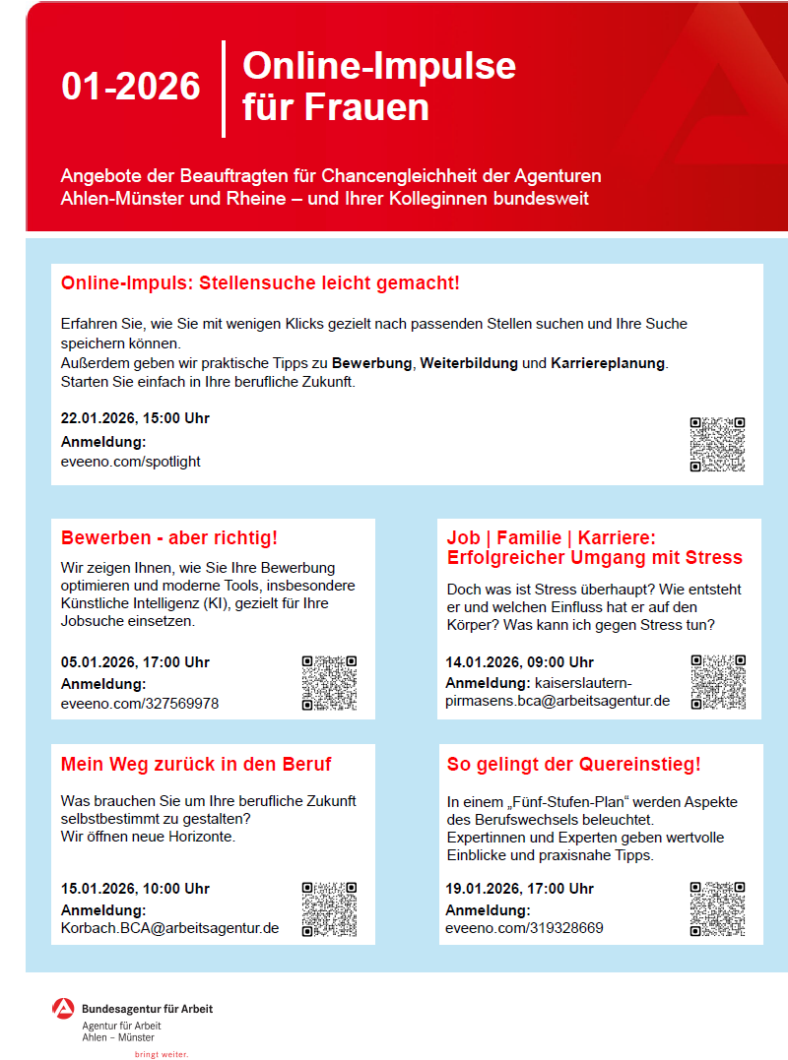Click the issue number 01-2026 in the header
(x=130, y=88)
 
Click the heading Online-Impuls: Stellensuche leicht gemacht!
(x=260, y=284)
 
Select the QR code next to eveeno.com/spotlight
(x=717, y=444)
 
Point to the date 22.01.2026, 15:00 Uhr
(x=135, y=418)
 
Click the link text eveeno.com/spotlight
(x=130, y=461)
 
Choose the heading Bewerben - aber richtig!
(x=169, y=538)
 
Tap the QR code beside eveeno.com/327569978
(x=329, y=682)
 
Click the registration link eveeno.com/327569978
(x=140, y=704)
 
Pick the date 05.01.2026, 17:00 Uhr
(x=135, y=662)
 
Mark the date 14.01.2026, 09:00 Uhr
(x=519, y=662)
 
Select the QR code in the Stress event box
(x=717, y=682)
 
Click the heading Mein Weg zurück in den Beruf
(x=196, y=765)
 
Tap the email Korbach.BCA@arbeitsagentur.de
(x=169, y=928)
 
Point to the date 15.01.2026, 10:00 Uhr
(x=135, y=889)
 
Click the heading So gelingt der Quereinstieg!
(x=573, y=765)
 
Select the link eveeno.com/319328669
(x=524, y=928)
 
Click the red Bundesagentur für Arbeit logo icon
(x=63, y=1009)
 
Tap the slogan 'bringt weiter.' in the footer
(x=161, y=1054)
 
